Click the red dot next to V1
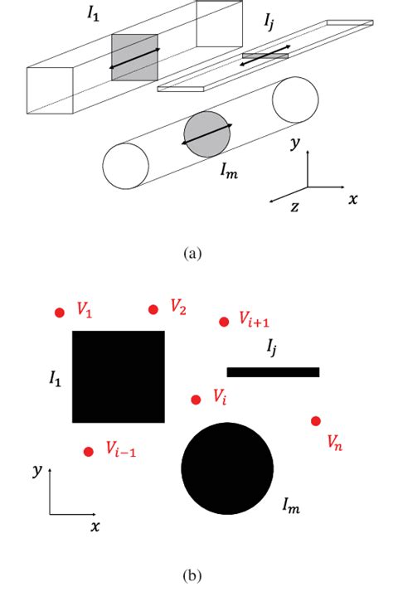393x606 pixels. [x=59, y=313]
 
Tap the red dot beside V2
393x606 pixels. [x=153, y=310]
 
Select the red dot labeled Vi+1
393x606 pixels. [x=223, y=322]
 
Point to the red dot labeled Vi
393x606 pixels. [x=196, y=400]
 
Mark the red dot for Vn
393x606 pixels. [x=316, y=421]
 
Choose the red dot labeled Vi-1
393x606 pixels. [x=89, y=452]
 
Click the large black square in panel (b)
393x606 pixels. [x=119, y=376]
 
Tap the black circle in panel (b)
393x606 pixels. [x=227, y=468]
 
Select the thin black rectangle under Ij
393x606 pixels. [x=273, y=372]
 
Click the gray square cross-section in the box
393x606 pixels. [x=134, y=57]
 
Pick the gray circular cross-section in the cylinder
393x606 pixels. [x=206, y=133]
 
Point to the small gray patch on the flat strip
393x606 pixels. [x=264, y=56]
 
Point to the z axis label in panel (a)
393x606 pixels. [x=294, y=206]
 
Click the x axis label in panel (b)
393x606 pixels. [x=95, y=526]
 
